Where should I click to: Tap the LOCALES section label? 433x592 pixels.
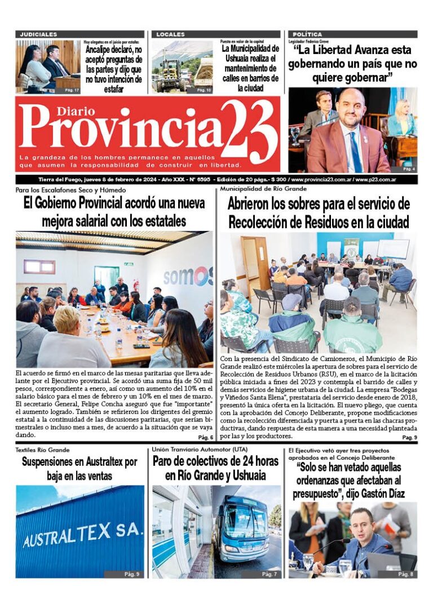(x=170, y=34)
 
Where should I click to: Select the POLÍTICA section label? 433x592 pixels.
(x=308, y=34)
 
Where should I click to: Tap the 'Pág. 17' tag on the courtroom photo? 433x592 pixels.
(x=72, y=90)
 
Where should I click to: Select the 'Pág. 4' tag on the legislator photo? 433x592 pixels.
(x=409, y=168)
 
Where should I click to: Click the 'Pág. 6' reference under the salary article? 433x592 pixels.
(x=205, y=438)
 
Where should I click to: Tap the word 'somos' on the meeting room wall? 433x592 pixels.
(x=188, y=276)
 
